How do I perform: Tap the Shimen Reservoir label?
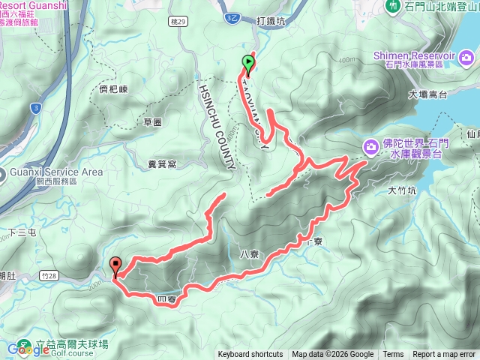pyautogui.click(x=424, y=57)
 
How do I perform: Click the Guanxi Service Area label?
pyautogui.click(x=56, y=172)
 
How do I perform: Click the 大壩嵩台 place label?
pyautogui.click(x=428, y=94)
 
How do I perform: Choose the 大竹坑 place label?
pyautogui.click(x=402, y=190)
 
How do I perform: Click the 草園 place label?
pyautogui.click(x=153, y=121)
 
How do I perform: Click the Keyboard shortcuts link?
pyautogui.click(x=250, y=355)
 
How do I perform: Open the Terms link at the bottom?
pyautogui.click(x=393, y=355)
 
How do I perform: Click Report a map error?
pyautogui.click(x=444, y=355)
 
